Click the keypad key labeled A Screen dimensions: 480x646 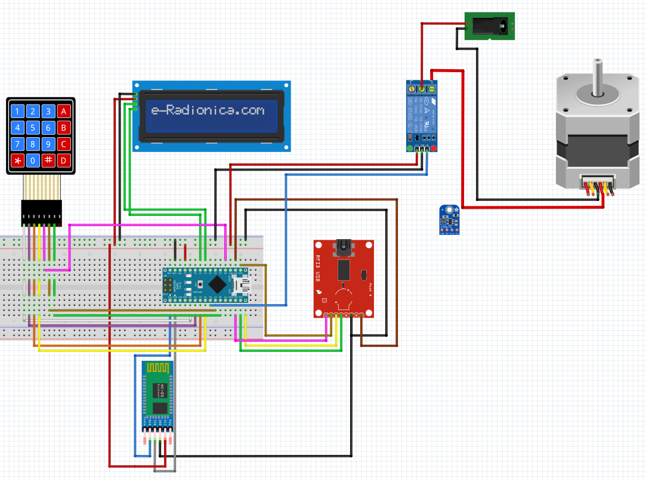[64, 111]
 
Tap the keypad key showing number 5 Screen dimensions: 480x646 [33, 128]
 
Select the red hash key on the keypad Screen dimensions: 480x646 [49, 160]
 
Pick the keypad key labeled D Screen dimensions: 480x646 [64, 160]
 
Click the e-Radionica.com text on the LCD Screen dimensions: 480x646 [207, 110]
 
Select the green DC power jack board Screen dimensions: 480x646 [490, 27]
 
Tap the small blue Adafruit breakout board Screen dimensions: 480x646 [449, 219]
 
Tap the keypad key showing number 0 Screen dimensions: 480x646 [33, 160]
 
